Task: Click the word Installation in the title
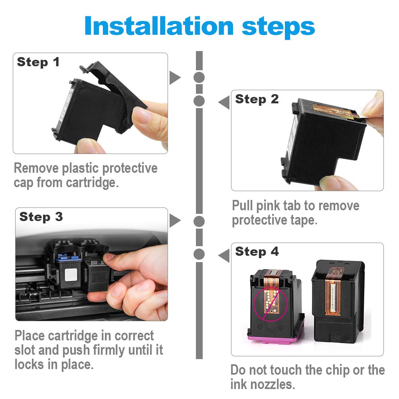click(x=159, y=26)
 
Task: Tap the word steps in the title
click(x=279, y=27)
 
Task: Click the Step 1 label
click(x=38, y=62)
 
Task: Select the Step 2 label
click(x=257, y=99)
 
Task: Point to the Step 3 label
click(x=41, y=217)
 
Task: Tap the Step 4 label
click(x=257, y=251)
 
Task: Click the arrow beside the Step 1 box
click(x=175, y=78)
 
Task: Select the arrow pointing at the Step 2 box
click(x=224, y=102)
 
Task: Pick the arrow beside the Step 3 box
click(x=175, y=221)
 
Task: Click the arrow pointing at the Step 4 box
click(x=224, y=255)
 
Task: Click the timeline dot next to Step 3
click(x=199, y=221)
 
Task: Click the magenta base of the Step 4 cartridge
click(x=272, y=338)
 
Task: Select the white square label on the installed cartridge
click(x=71, y=275)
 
